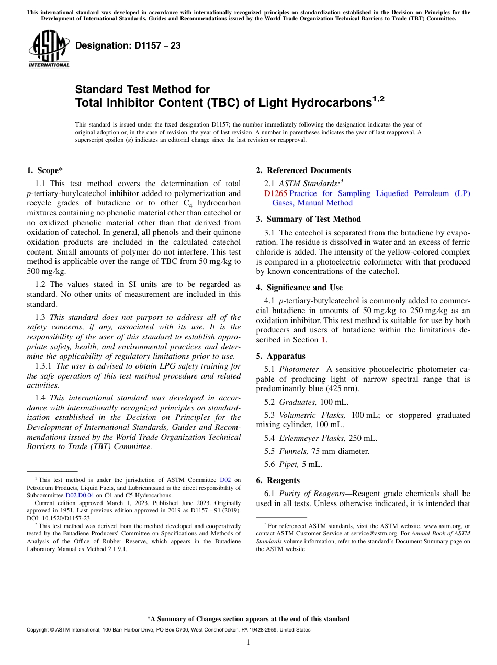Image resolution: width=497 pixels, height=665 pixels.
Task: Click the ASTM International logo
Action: click(x=49, y=50)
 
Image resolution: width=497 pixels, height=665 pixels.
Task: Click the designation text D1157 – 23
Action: click(x=128, y=45)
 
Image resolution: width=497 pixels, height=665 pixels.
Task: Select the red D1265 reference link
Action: click(x=275, y=193)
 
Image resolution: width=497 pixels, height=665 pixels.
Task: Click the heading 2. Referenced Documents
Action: click(x=303, y=170)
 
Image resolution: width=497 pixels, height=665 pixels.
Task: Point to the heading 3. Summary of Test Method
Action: click(x=308, y=219)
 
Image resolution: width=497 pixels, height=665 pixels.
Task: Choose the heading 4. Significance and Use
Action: click(x=299, y=288)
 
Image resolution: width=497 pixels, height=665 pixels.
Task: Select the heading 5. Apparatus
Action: click(x=280, y=356)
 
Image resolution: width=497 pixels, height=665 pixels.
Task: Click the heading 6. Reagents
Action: click(x=278, y=480)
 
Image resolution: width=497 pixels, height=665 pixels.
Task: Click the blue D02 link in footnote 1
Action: click(x=225, y=480)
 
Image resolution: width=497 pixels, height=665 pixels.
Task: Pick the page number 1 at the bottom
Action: click(x=249, y=643)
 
